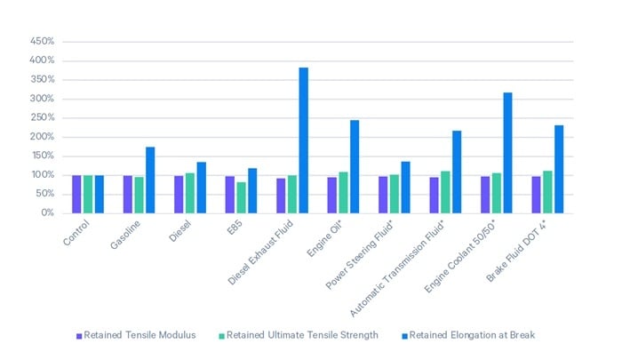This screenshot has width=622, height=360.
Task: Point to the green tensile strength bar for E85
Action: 241,197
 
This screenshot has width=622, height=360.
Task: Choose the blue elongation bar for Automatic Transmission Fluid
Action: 457,172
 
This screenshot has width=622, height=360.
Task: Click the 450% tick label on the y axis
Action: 42,42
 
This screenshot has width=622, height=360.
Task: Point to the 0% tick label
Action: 47,213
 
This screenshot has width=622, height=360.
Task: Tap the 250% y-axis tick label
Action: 42,118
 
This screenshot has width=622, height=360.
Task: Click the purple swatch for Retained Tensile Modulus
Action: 79,336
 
